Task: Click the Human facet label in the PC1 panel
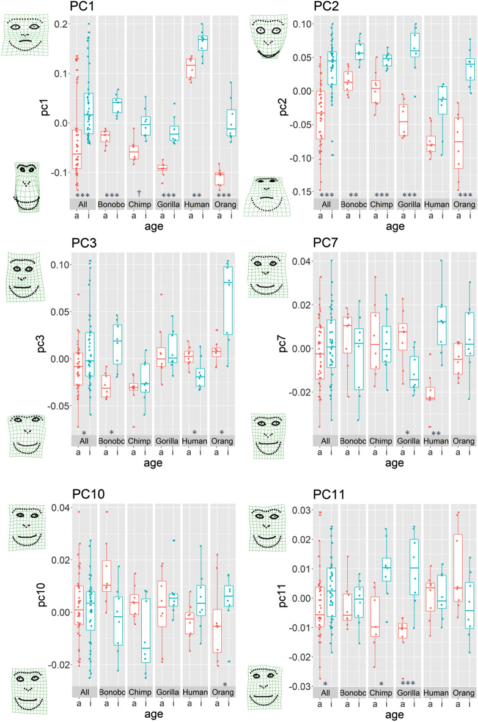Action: point(197,203)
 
